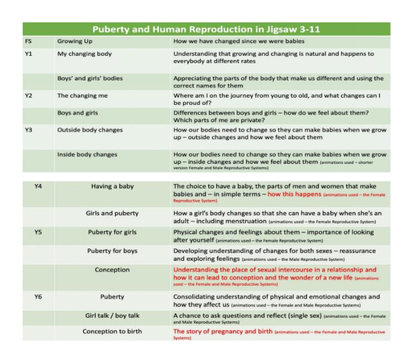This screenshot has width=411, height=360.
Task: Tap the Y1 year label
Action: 28,54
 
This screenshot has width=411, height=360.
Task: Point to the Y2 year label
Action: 28,96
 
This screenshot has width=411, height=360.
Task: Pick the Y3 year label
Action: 28,130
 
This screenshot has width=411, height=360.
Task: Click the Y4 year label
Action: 37,186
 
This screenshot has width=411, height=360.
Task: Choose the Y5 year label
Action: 37,233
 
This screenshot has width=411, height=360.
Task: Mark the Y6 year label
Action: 37,297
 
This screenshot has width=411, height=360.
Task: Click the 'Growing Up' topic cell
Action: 74,42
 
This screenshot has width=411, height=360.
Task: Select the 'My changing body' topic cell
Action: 85,54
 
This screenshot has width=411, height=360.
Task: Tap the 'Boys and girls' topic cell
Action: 77,113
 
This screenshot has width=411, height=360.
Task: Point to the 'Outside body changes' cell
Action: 90,130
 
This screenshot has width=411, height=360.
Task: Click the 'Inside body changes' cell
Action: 87,155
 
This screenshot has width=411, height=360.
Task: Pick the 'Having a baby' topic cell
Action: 112,186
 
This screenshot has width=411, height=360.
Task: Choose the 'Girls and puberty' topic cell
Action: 112,213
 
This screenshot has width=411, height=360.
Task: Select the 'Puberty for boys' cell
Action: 112,250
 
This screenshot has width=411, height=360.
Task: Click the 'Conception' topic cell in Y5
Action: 112,270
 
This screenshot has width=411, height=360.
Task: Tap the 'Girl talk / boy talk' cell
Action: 112,316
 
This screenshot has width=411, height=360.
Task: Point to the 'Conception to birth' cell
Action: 112,332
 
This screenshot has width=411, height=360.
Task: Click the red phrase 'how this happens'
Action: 294,194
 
